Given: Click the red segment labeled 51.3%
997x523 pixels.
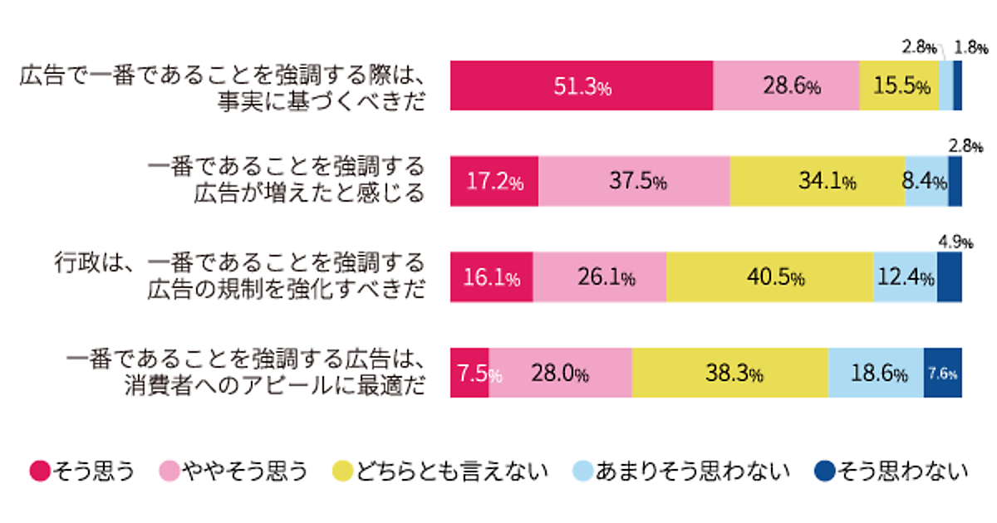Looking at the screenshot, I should click(581, 86).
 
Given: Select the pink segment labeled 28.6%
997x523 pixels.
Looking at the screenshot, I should click(786, 86).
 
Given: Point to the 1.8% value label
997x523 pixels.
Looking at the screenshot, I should click(970, 47).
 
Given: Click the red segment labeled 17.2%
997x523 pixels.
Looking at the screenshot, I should click(494, 182).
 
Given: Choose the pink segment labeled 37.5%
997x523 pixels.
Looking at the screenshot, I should click(634, 182).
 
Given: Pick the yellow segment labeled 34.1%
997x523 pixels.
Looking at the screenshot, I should click(817, 182).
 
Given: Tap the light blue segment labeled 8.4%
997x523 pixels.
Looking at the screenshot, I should click(926, 182).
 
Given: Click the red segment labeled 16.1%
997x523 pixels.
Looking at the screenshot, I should click(491, 277).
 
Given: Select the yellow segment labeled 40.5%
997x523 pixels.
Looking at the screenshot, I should click(769, 277).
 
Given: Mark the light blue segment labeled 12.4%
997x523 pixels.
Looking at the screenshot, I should click(905, 277).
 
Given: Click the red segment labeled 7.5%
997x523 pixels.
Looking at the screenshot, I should click(469, 374).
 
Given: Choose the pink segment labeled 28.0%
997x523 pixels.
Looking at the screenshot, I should click(560, 374).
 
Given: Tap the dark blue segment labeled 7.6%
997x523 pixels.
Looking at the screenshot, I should click(942, 374).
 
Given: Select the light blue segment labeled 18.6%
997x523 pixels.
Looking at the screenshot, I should click(876, 374).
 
